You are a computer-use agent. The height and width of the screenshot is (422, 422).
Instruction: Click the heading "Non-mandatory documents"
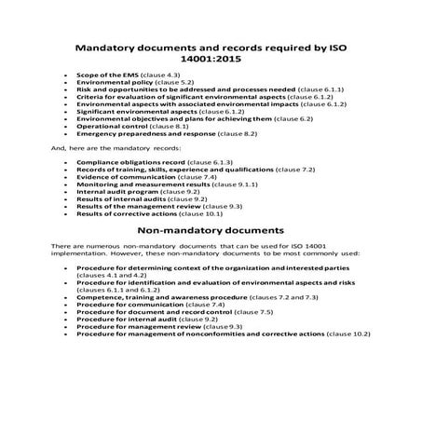point(211,227)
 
